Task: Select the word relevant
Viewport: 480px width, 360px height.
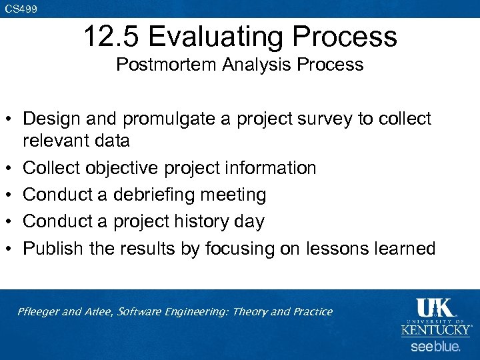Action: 56,141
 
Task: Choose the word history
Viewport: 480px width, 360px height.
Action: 204,221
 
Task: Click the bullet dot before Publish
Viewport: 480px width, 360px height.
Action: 11,249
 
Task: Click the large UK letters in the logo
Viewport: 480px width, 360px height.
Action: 435,308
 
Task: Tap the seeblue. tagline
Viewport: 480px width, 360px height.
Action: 435,347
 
